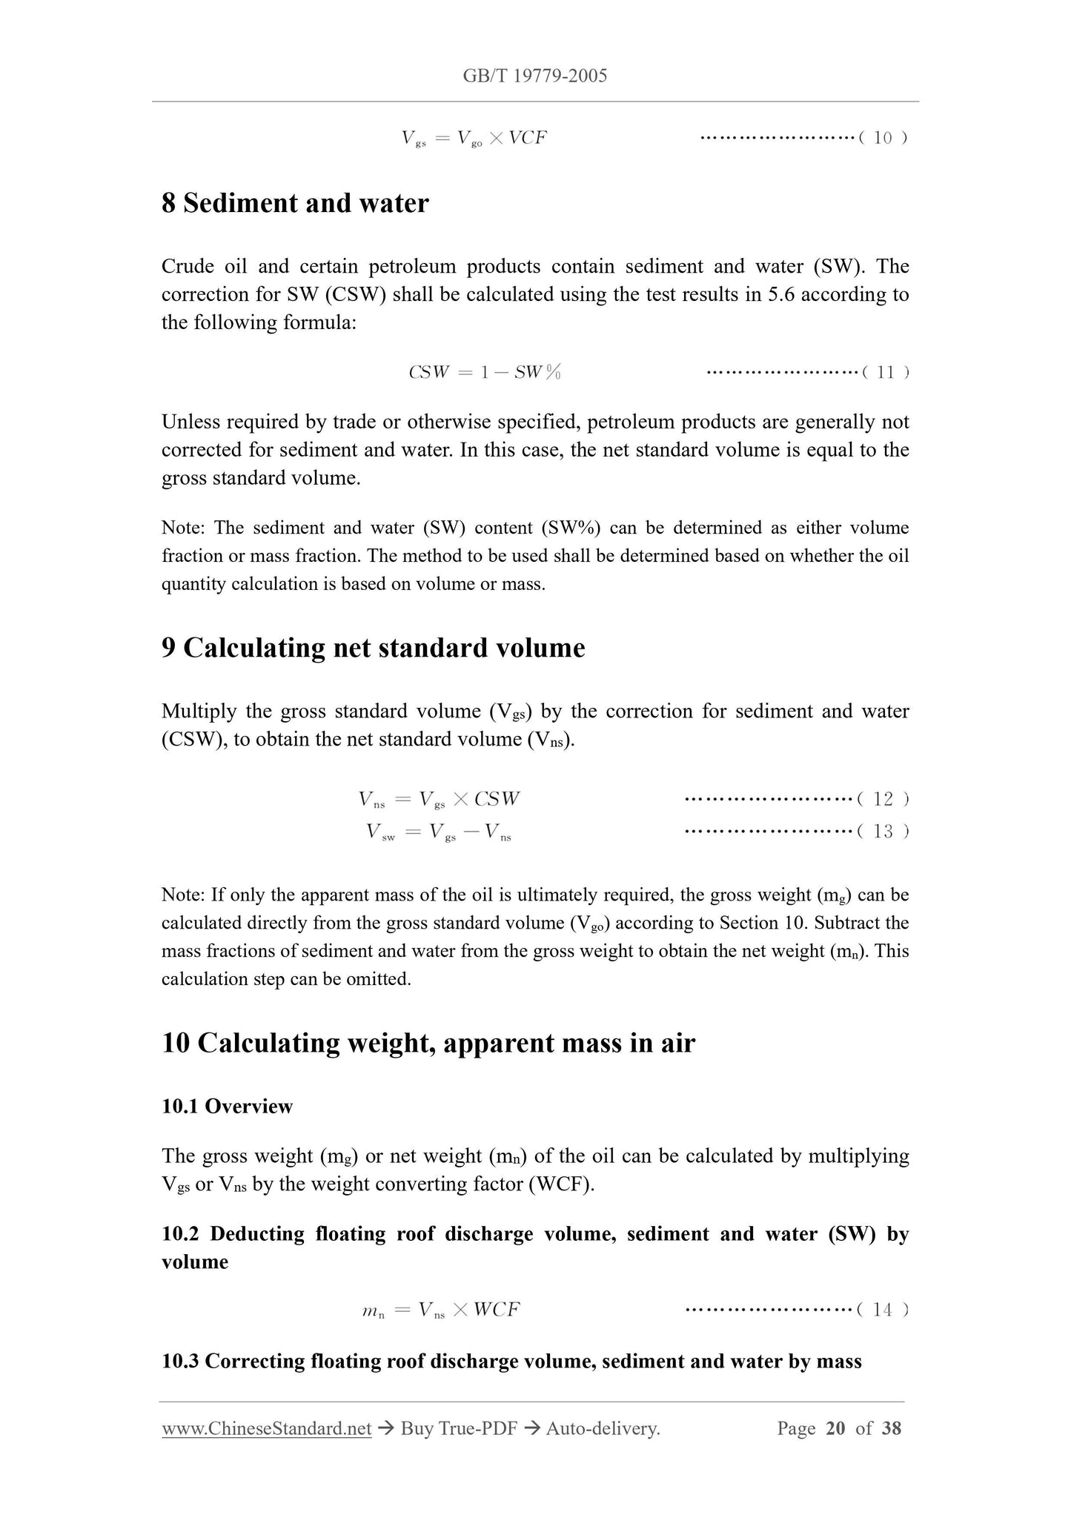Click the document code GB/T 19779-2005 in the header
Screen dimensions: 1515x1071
[534, 76]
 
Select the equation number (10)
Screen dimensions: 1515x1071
[883, 138]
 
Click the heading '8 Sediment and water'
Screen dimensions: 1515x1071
[295, 203]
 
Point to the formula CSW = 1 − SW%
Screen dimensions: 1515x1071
[485, 372]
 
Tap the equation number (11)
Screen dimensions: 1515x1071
[886, 372]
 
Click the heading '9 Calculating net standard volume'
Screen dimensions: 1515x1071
[373, 648]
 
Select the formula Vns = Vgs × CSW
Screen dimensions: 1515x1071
[439, 799]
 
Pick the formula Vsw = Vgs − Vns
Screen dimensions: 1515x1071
[439, 832]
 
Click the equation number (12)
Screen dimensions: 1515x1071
[883, 799]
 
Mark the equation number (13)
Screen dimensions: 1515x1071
[883, 832]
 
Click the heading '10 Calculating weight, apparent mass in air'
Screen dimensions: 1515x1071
[428, 1043]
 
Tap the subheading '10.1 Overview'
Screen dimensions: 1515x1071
[227, 1106]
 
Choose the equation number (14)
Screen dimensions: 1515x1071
[882, 1310]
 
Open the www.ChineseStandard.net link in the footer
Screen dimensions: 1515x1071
[266, 1428]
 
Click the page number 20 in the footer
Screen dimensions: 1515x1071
[835, 1428]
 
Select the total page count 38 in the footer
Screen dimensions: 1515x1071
[891, 1428]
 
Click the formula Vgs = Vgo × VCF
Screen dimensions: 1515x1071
[474, 138]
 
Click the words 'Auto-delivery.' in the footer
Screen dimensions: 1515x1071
[603, 1428]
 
